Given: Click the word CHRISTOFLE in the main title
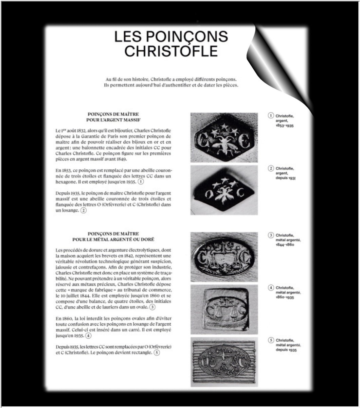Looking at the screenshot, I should click(x=171, y=51).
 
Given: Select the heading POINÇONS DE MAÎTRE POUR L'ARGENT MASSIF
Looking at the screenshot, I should click(x=113, y=117).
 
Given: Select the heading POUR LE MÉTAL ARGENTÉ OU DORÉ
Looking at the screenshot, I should click(x=113, y=240).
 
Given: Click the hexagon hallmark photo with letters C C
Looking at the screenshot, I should click(x=224, y=138).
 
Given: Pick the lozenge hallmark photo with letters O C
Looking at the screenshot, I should click(x=224, y=190).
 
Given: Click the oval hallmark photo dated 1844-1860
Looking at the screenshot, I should click(x=224, y=257).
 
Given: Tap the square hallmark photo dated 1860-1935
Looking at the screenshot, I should click(x=224, y=309).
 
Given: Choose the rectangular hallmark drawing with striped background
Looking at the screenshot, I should click(x=224, y=362).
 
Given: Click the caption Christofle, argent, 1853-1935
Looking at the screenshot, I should click(x=284, y=121).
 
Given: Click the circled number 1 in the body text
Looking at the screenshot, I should click(x=141, y=182).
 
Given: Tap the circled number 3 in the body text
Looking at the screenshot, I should click(x=152, y=307).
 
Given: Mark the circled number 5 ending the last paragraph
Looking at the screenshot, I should click(x=156, y=353).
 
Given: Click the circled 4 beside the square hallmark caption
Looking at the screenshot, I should click(x=271, y=288).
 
